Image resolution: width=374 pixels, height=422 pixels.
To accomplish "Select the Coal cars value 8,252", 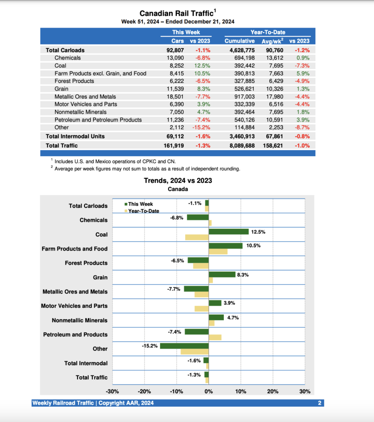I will tap(175, 66).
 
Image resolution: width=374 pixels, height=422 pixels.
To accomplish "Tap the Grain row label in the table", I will tap(61, 89).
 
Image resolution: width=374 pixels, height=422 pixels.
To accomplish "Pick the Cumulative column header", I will tap(240, 41).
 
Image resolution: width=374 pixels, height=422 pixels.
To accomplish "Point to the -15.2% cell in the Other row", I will tap(201, 127).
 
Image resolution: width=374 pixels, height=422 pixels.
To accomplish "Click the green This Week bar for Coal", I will tap(228, 232).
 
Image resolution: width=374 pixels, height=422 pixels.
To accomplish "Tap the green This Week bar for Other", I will tap(184, 346).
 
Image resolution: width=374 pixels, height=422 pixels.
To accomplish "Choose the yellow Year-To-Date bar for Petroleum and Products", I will tap(215, 337).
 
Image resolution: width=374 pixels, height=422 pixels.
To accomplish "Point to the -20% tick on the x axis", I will tap(144, 392).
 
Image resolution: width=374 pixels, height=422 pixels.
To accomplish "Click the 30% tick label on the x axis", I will tap(304, 392).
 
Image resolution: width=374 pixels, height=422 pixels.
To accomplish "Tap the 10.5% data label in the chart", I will tap(254, 246).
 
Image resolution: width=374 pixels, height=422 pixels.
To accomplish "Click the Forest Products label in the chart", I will tap(86, 263).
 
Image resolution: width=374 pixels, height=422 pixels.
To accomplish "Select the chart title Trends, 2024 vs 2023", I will tap(178, 181).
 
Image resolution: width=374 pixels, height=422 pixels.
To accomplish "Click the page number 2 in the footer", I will tap(319, 403).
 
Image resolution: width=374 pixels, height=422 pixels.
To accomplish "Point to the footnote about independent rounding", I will tap(147, 169).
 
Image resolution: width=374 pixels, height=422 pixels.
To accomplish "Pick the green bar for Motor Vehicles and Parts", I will tap(215, 303).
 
